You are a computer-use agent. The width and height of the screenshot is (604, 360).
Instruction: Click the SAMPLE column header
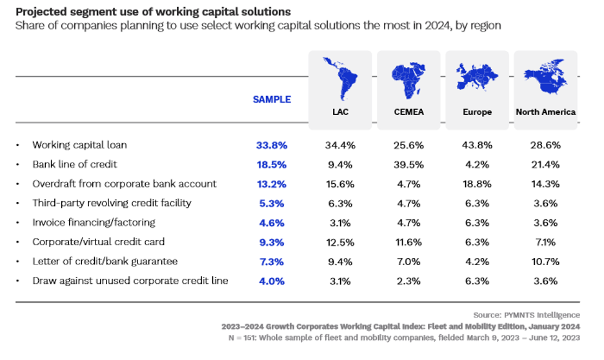pyautogui.click(x=272, y=99)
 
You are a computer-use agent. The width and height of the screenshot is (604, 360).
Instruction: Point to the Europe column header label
pyautogui.click(x=477, y=112)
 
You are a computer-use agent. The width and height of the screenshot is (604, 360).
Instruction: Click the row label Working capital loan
pyautogui.click(x=84, y=145)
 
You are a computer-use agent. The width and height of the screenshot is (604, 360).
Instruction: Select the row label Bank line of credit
pyautogui.click(x=75, y=165)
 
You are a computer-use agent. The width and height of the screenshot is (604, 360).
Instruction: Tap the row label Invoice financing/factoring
pyautogui.click(x=94, y=223)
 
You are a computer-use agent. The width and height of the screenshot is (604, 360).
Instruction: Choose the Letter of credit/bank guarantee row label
pyautogui.click(x=105, y=261)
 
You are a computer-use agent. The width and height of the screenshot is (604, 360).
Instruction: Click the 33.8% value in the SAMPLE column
pyautogui.click(x=272, y=145)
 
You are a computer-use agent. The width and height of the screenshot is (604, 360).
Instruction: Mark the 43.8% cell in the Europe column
pyautogui.click(x=477, y=145)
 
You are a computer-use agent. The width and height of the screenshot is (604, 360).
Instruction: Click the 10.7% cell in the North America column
pyautogui.click(x=545, y=261)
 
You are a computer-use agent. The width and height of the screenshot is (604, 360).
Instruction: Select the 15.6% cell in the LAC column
pyautogui.click(x=339, y=184)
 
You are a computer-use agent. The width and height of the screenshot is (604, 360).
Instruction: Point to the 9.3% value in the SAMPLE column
pyautogui.click(x=272, y=242)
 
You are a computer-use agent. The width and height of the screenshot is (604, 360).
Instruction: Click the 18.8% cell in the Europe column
pyautogui.click(x=477, y=184)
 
